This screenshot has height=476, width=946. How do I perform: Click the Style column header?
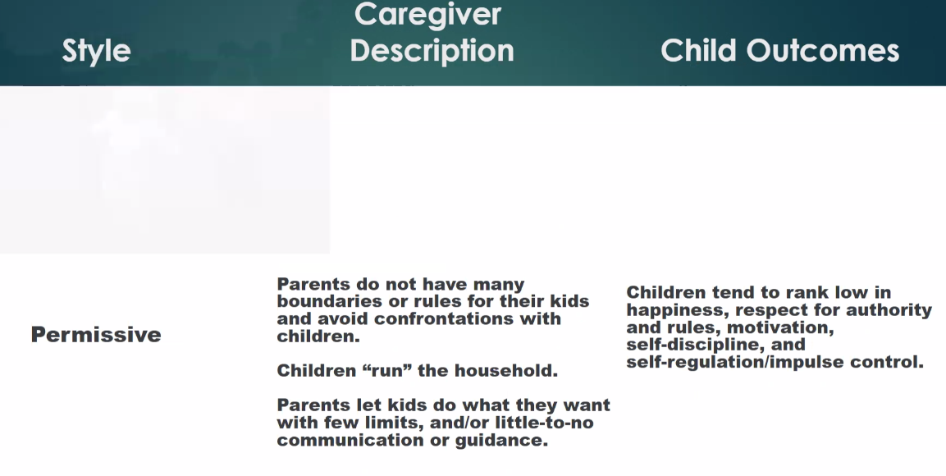pyautogui.click(x=97, y=51)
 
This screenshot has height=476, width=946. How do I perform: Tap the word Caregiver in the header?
pyautogui.click(x=427, y=14)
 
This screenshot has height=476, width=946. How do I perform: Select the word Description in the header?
pyautogui.click(x=432, y=51)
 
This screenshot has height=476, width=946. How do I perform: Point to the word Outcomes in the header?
pyautogui.click(x=823, y=51)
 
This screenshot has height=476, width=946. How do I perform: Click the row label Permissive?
pyautogui.click(x=96, y=334)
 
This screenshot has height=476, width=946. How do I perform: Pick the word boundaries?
pyautogui.click(x=323, y=301)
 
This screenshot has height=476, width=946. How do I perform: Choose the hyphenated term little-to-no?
pyautogui.click(x=544, y=423)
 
